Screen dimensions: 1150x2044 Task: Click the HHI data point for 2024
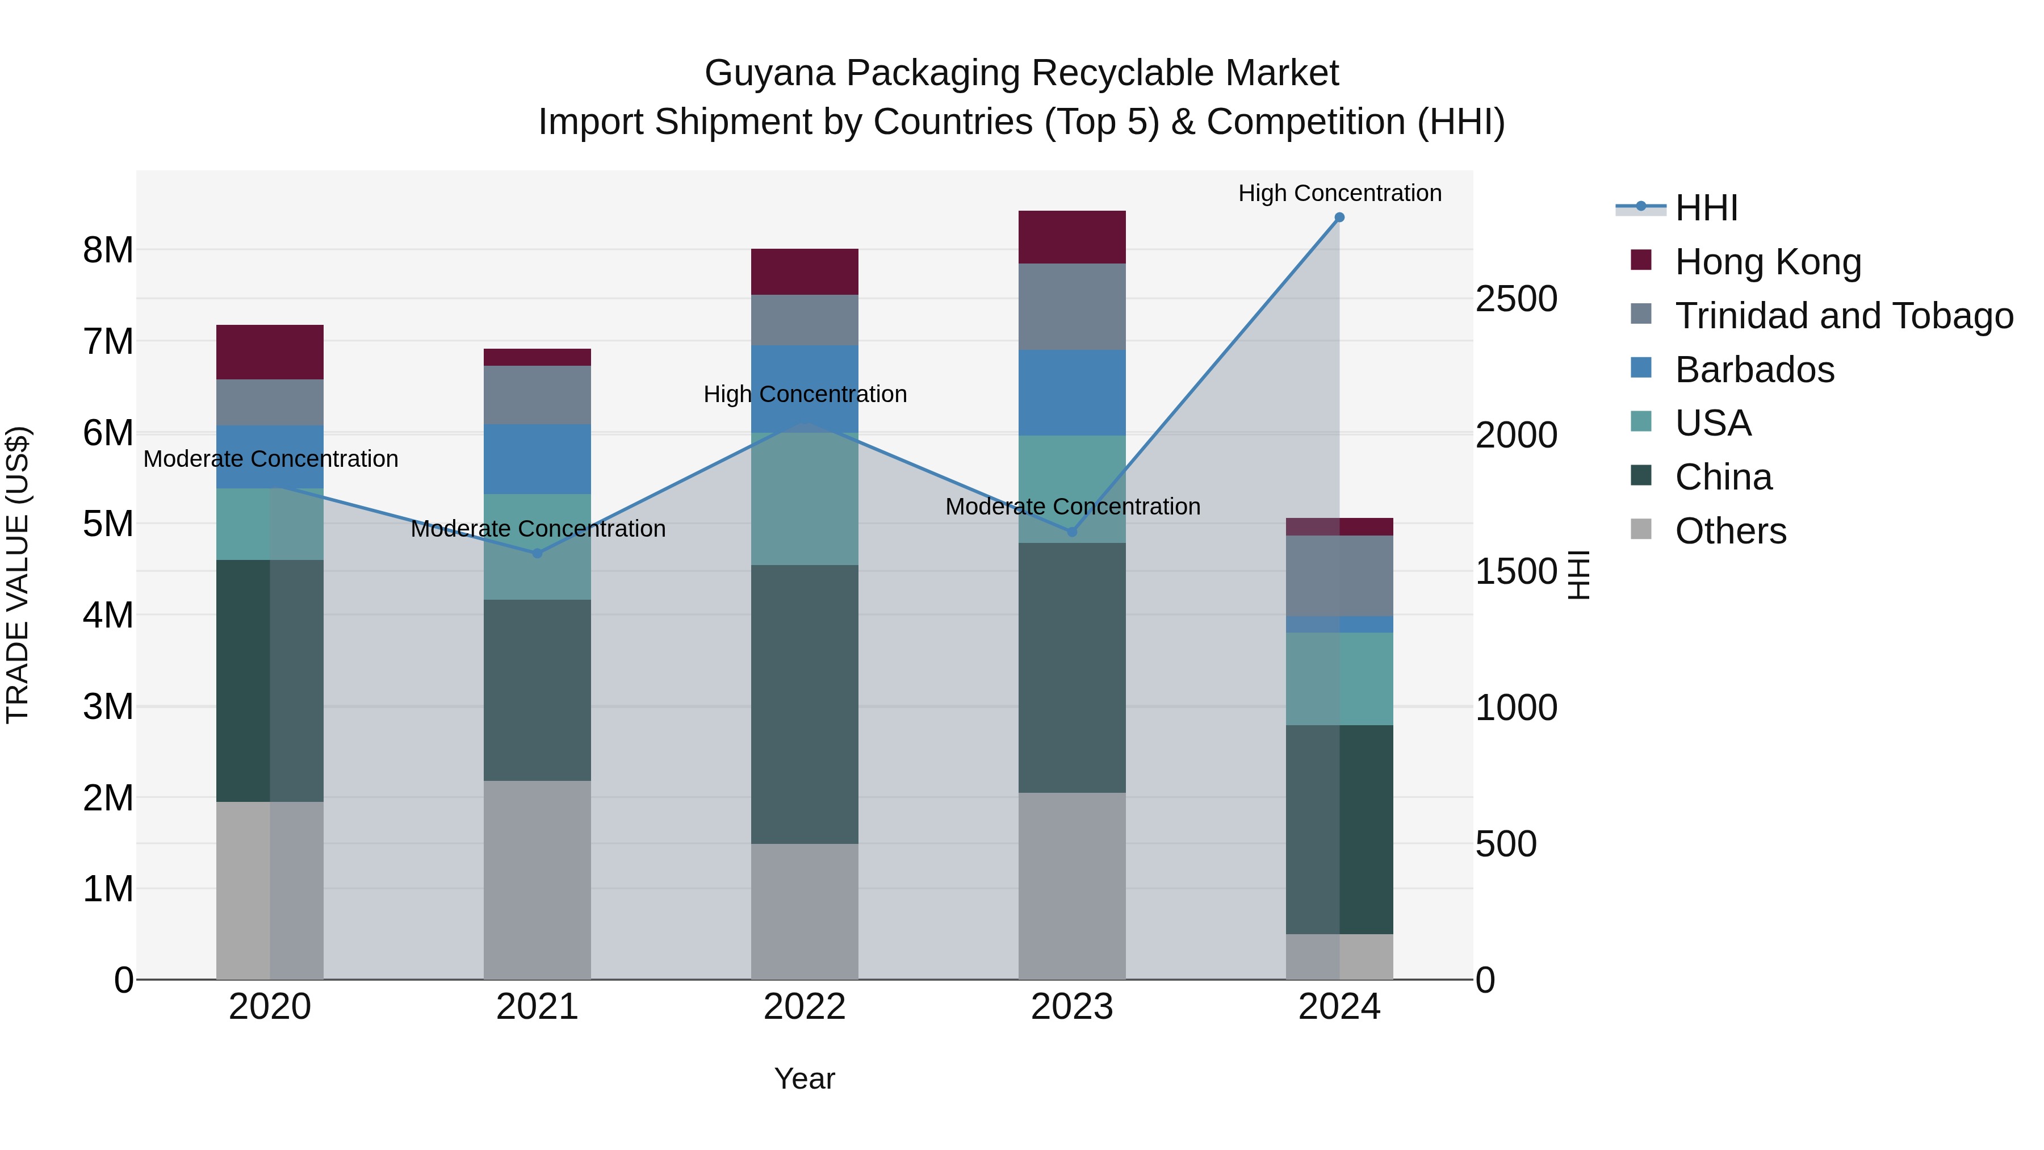pyautogui.click(x=1339, y=218)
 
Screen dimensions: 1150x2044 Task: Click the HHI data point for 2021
pyautogui.click(x=537, y=553)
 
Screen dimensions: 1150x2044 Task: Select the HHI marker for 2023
pyautogui.click(x=1072, y=532)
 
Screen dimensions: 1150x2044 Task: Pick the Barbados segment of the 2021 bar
pyautogui.click(x=537, y=459)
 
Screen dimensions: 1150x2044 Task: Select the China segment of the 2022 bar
pyautogui.click(x=805, y=704)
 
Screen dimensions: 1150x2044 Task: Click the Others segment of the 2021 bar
pyautogui.click(x=537, y=879)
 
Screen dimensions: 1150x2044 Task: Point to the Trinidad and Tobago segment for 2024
pyautogui.click(x=1339, y=575)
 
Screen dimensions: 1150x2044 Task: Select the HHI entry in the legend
pyautogui.click(x=1706, y=208)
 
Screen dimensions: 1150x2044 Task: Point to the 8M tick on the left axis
pyautogui.click(x=108, y=250)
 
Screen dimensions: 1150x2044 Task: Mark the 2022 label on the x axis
pyautogui.click(x=805, y=1007)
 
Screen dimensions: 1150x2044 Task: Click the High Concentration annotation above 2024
pyautogui.click(x=1339, y=193)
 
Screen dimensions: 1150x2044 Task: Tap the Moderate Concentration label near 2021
pyautogui.click(x=538, y=529)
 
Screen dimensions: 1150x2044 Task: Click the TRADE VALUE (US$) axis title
pyautogui.click(x=18, y=575)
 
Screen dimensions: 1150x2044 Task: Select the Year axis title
pyautogui.click(x=805, y=1078)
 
